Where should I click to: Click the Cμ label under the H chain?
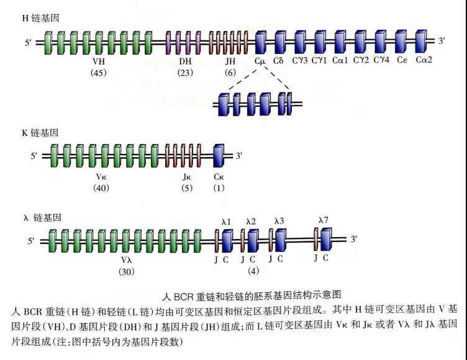coord(260,61)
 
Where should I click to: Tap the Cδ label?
coord(279,61)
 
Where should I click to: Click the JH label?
coord(230,61)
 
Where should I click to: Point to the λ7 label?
coord(323,220)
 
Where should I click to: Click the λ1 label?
coord(227,221)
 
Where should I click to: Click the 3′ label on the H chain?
coord(442,42)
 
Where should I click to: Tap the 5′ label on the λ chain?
coord(32,241)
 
